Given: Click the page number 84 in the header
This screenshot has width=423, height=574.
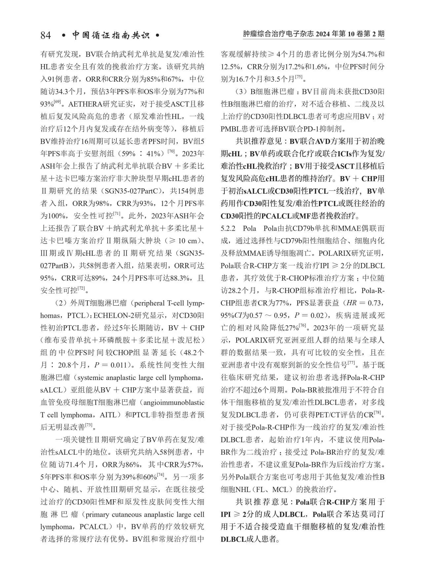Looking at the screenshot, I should pos(46,35).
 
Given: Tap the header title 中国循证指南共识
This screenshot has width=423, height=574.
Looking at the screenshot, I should pos(111,35).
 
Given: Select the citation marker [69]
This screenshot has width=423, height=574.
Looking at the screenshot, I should pos(57,102).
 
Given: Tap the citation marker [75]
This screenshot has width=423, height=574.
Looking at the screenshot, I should pos(299,77).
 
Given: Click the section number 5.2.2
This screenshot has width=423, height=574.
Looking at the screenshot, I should pos(228,229).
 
